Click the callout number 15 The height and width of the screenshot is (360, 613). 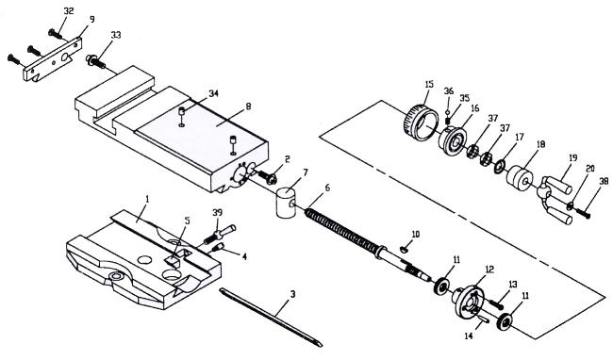429,84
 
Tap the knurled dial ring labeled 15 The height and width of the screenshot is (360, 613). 420,123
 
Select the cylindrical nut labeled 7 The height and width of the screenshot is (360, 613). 288,203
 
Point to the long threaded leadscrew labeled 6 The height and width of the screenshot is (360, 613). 368,245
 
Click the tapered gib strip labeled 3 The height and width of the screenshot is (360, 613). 271,318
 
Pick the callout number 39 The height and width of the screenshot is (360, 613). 217,212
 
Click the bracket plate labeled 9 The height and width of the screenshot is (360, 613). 53,59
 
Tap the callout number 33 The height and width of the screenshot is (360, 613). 116,35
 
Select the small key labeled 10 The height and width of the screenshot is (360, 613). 405,249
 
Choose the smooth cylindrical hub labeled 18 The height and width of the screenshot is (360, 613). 520,178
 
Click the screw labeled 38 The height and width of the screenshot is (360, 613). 583,213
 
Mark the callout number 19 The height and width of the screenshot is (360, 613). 572,158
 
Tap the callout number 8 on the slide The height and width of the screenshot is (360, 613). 249,106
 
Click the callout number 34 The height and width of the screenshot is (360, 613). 213,93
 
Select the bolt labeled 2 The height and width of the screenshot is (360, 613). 268,177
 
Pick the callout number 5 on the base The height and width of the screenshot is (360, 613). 187,221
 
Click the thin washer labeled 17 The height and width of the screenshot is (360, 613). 499,166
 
